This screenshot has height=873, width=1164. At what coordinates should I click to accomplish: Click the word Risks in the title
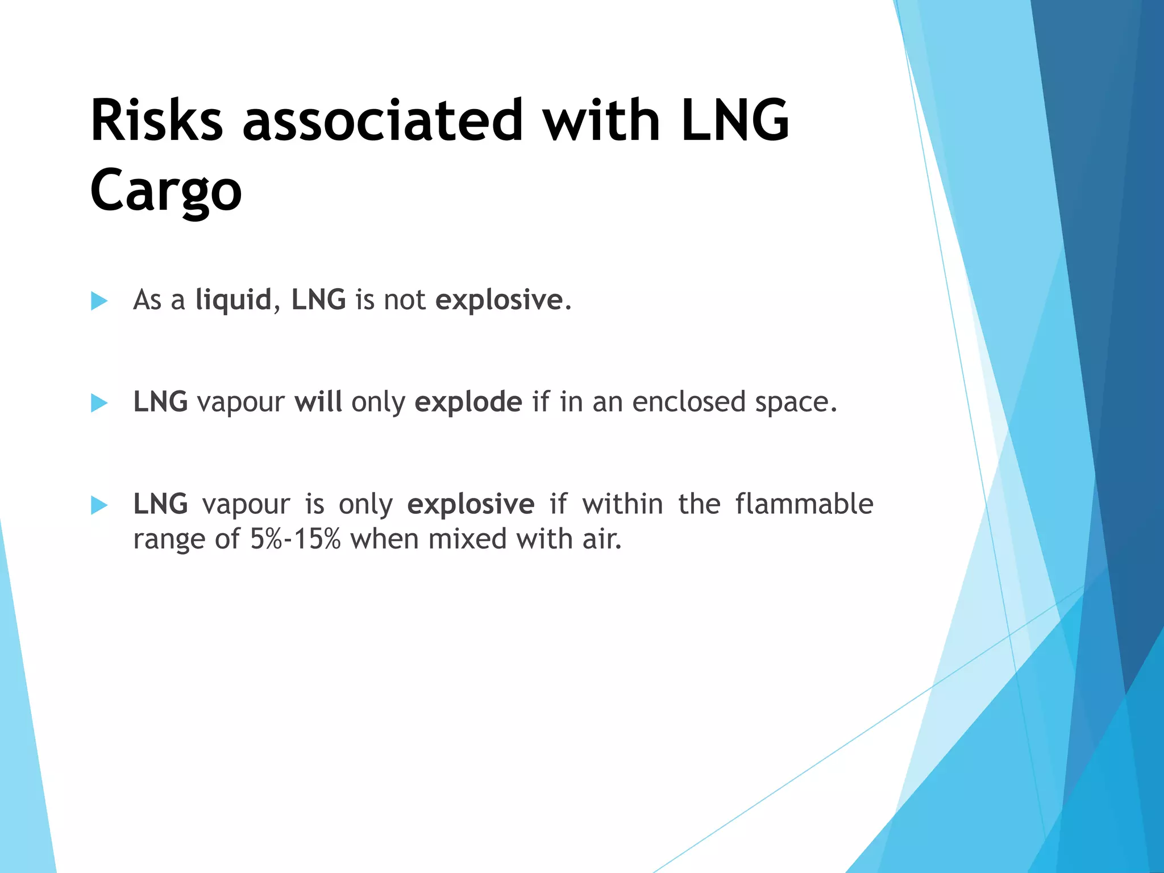(x=156, y=120)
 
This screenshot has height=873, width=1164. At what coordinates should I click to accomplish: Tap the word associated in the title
(x=382, y=120)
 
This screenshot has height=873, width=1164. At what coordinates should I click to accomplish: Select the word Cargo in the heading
(x=166, y=191)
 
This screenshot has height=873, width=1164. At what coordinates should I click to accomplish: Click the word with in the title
(x=601, y=120)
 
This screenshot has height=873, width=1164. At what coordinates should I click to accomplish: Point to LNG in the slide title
(x=735, y=120)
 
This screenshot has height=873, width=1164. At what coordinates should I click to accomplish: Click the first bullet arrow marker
(x=99, y=301)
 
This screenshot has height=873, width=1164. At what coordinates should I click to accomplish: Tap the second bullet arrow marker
(x=99, y=403)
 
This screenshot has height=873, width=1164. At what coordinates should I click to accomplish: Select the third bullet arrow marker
(x=99, y=505)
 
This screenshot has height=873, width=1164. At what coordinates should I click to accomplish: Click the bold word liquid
(x=233, y=300)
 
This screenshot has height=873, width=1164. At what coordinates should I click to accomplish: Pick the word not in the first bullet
(x=404, y=300)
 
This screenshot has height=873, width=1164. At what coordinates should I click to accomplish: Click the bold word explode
(x=468, y=402)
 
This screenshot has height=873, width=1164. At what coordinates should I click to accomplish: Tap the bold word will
(x=318, y=402)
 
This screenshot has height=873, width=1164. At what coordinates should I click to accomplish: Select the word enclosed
(x=689, y=402)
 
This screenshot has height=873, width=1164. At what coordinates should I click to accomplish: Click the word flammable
(x=804, y=504)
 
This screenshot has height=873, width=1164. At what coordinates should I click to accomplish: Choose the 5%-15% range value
(x=295, y=539)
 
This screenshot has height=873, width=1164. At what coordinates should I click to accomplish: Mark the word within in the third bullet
(x=622, y=504)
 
